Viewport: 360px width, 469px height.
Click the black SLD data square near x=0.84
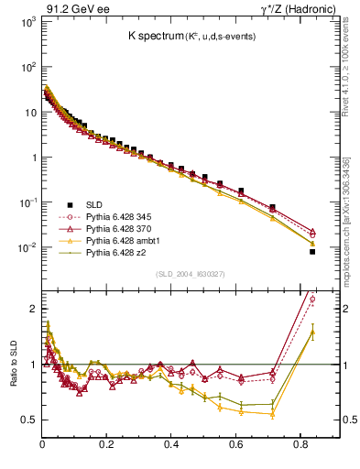pyautogui.click(x=312, y=251)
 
